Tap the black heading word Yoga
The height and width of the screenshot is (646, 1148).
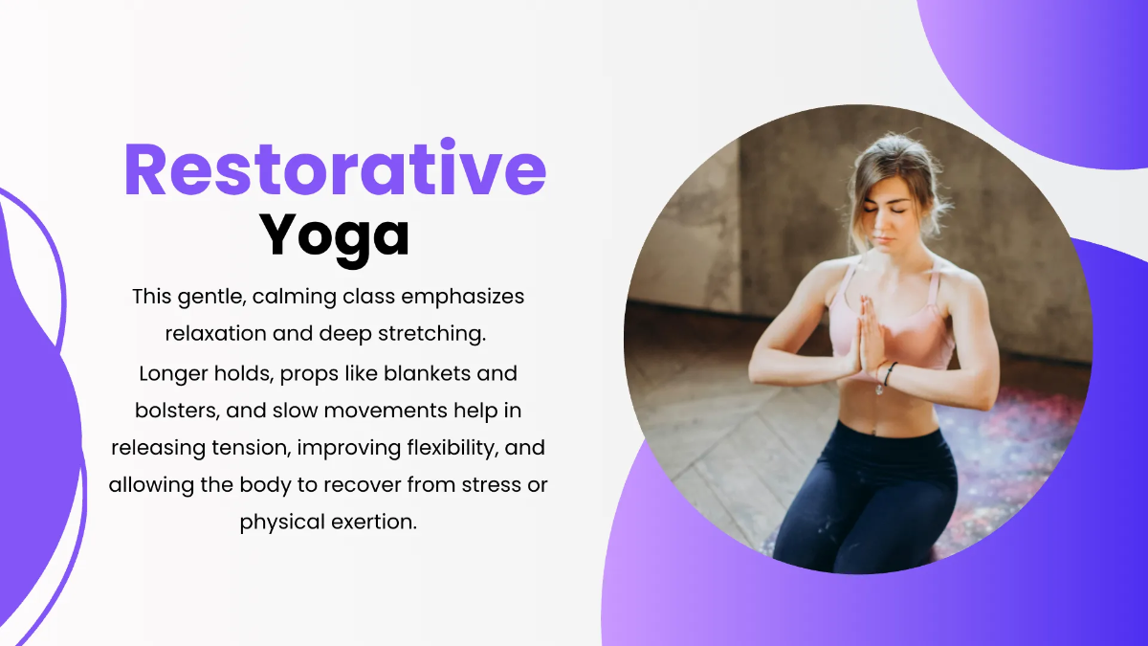pos(335,234)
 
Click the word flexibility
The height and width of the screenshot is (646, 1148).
pos(461,447)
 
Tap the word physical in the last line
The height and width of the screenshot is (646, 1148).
pos(278,523)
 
